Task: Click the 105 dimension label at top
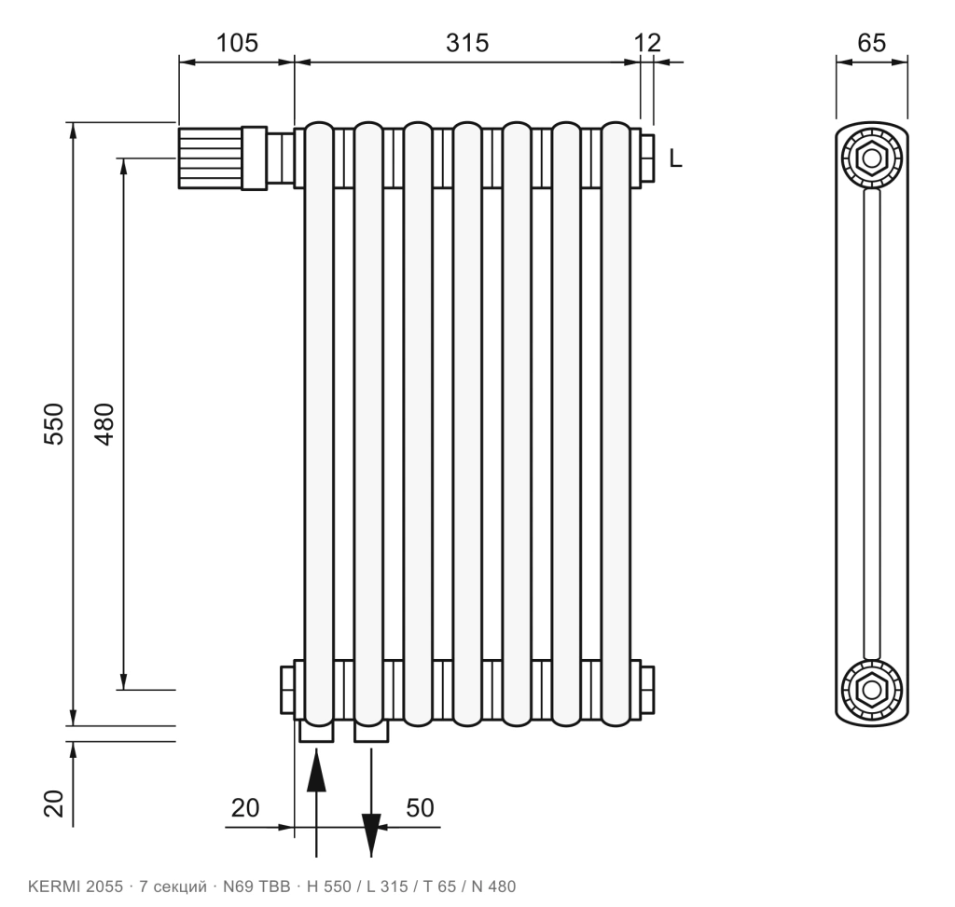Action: pos(237,43)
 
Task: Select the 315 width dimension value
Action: pos(467,43)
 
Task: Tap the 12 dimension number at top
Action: pos(647,43)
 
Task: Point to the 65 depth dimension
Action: pos(872,43)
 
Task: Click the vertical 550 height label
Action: pos(53,424)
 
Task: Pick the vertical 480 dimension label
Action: pos(104,424)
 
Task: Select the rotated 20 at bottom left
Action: pos(53,803)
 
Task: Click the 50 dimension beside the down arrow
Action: pos(421,808)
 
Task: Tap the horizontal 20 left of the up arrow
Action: pos(245,808)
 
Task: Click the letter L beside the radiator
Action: pos(675,158)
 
